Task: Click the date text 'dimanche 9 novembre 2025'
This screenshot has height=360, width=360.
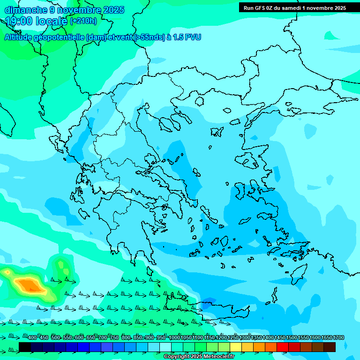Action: [64, 10]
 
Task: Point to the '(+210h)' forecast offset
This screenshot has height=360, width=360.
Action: [83, 21]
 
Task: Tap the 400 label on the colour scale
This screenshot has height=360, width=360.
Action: [32, 337]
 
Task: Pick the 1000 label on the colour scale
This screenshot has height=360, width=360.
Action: [174, 337]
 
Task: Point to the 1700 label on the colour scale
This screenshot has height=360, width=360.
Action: [338, 337]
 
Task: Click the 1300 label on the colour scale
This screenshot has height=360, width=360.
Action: [245, 337]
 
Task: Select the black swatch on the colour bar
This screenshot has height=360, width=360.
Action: [25, 347]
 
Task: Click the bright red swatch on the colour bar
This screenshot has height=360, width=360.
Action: [283, 347]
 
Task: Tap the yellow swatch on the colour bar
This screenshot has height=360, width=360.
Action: [236, 347]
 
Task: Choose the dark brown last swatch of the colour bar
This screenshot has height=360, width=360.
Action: [330, 347]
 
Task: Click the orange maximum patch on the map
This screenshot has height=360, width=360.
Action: [29, 284]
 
